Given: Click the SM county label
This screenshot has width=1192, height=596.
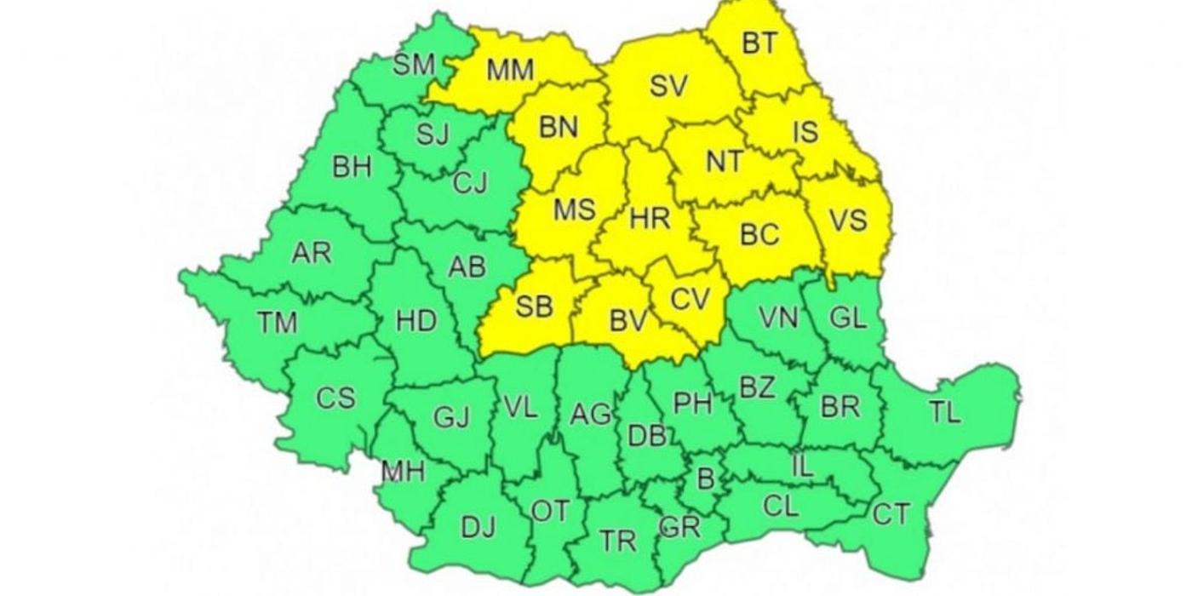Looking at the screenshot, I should [414, 65].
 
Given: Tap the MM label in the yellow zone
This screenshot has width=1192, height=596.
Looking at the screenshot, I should [510, 71].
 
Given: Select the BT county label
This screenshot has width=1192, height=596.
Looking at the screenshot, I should [759, 43].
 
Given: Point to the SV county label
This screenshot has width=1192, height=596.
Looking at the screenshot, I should [668, 86].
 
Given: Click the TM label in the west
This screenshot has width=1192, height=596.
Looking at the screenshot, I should [278, 322].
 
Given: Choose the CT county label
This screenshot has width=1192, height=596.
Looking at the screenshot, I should [891, 513].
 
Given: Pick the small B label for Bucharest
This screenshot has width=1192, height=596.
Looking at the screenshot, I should [705, 479].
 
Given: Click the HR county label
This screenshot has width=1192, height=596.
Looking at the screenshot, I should [650, 219].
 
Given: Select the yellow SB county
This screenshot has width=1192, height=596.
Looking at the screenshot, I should [535, 306].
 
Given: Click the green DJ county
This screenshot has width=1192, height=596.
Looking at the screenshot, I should [478, 528].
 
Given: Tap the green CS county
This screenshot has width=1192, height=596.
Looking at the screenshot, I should [335, 398].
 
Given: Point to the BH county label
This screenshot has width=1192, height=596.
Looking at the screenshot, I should [352, 167].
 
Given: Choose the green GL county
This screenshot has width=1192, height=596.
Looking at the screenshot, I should [848, 318].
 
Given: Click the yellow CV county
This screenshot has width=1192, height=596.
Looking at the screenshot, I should [690, 299].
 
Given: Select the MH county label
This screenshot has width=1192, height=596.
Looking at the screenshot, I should [403, 471].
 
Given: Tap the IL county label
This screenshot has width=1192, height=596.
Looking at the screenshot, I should [802, 466].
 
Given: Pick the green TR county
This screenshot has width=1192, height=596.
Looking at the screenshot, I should [617, 540].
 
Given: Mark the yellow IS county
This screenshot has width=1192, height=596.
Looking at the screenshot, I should [805, 132].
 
